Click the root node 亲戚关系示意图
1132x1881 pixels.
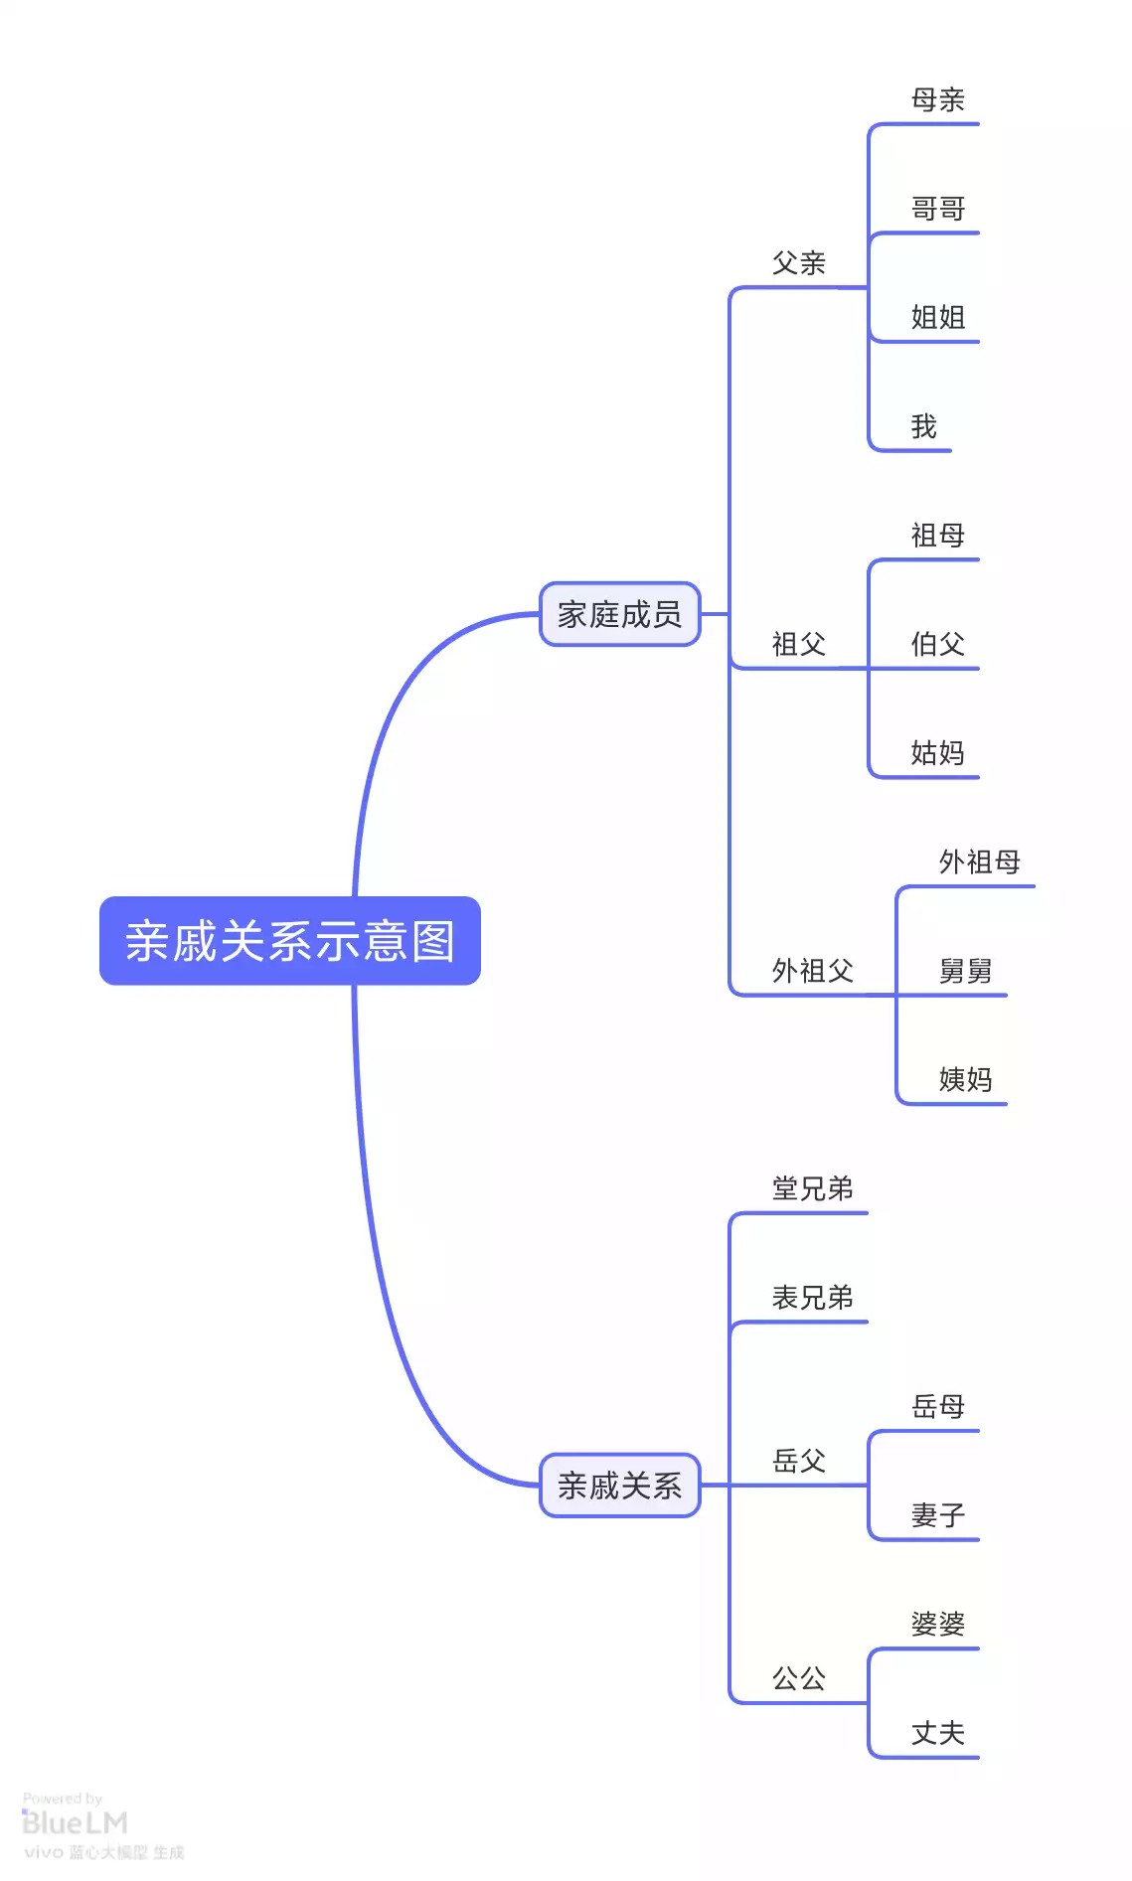click(x=289, y=941)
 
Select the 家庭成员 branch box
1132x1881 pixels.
click(x=619, y=614)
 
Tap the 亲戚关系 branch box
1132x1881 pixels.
click(x=619, y=1486)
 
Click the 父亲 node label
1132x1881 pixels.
click(x=799, y=263)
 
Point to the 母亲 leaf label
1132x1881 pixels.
click(x=937, y=99)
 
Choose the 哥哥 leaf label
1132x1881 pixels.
click(x=937, y=209)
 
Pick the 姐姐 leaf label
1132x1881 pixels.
click(x=937, y=318)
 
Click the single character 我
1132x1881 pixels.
click(x=924, y=426)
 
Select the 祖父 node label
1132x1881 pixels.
click(x=799, y=644)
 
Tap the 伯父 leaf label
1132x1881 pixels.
click(x=937, y=644)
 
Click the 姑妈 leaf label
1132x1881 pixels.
click(x=937, y=753)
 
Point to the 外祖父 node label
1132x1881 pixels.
click(x=812, y=971)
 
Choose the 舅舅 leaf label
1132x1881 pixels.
click(x=965, y=971)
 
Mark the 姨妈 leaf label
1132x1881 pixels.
click(x=965, y=1079)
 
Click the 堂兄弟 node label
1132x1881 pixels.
click(x=812, y=1188)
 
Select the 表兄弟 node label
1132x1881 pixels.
click(x=812, y=1298)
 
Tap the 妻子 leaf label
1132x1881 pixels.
click(x=937, y=1515)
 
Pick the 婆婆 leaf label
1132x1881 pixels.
click(x=937, y=1624)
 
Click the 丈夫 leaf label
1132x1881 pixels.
click(x=937, y=1733)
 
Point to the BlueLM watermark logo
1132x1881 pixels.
click(x=75, y=1823)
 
